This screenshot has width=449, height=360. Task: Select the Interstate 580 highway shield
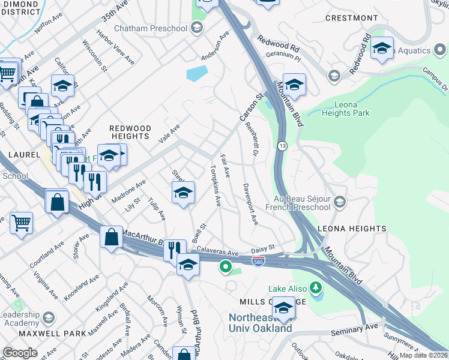pyautogui.click(x=257, y=262)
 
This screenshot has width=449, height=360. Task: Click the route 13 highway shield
pyautogui.click(x=282, y=146)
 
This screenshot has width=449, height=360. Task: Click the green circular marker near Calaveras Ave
pyautogui.click(x=226, y=267)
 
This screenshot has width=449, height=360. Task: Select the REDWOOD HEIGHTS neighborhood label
pyautogui.click(x=130, y=132)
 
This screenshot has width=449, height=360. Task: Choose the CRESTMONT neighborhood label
pyautogui.click(x=352, y=18)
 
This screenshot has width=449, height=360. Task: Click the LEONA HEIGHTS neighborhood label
pyautogui.click(x=351, y=229)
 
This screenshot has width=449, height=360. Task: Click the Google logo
pyautogui.click(x=20, y=352)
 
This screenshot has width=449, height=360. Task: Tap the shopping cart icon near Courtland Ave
pyautogui.click(x=21, y=223)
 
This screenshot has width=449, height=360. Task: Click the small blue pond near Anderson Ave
pyautogui.click(x=196, y=74)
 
